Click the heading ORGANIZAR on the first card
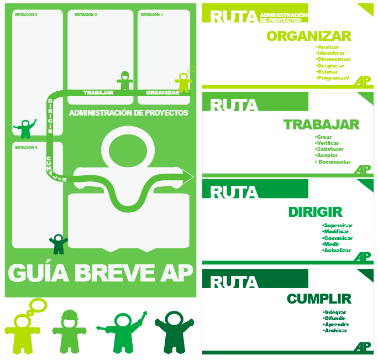coord(308,36)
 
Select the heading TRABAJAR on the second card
coord(321,125)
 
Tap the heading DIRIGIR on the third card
coord(315,212)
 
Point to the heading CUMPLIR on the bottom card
coord(319,299)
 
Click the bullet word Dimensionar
coord(334,59)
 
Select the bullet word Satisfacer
coord(330,149)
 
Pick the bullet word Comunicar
coord(338,238)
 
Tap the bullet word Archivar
coord(335,331)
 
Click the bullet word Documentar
coord(334,162)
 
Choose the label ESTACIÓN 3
coord(25,15)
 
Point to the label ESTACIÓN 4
coord(25,148)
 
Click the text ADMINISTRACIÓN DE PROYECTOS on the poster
coord(129,113)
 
